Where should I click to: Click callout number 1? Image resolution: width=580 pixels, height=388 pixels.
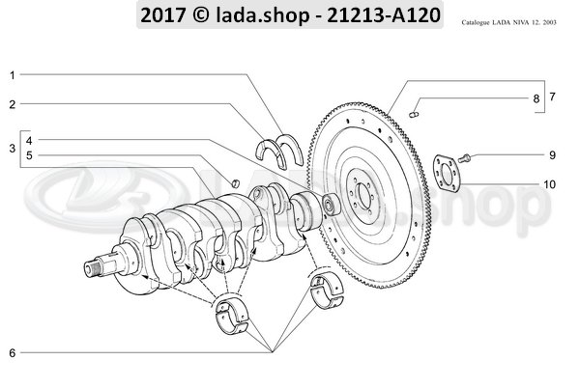tap(13, 74)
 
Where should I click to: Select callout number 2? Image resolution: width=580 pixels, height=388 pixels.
tap(13, 103)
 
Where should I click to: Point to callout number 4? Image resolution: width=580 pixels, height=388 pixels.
tap(29, 139)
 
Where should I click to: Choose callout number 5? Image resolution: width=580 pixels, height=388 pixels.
tap(29, 155)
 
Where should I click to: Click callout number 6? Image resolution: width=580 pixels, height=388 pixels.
tap(13, 353)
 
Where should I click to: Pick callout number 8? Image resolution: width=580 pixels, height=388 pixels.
tap(536, 98)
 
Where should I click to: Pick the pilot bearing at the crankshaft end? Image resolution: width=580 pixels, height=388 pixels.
tap(332, 204)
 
